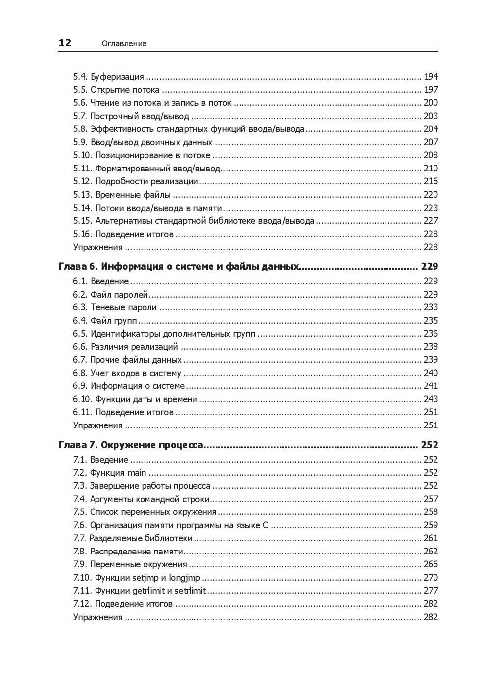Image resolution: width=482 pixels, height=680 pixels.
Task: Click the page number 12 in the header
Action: [x=65, y=43]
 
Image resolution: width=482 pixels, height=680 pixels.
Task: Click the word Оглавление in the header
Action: [x=124, y=43]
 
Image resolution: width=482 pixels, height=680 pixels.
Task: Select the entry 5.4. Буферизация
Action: [x=108, y=77]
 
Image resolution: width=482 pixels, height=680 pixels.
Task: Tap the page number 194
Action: [x=431, y=77]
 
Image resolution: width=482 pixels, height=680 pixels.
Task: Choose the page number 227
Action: [x=431, y=221]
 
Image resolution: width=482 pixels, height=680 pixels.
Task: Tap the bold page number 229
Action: [x=430, y=267]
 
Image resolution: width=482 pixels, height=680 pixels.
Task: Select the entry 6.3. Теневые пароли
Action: [x=115, y=307]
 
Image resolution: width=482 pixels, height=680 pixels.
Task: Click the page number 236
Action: [x=431, y=334]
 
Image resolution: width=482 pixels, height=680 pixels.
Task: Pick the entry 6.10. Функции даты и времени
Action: [x=135, y=399]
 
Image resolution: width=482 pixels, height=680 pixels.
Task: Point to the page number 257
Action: [x=431, y=499]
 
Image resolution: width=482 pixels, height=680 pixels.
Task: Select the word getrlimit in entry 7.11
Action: [x=148, y=591]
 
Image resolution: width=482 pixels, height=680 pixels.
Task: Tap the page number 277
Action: [x=431, y=591]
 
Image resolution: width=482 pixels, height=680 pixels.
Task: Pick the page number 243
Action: [x=431, y=399]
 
